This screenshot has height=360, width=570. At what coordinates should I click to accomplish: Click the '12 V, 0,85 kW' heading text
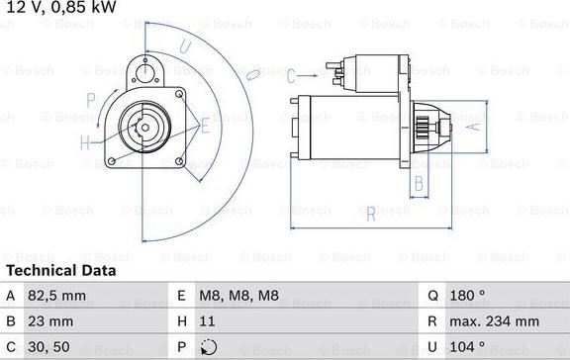coord(58,8)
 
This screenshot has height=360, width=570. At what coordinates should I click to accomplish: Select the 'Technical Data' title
coord(61,270)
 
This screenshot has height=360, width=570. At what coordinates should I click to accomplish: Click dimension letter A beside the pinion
coord(474,126)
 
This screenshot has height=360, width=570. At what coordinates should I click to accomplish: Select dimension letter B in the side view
coord(419,182)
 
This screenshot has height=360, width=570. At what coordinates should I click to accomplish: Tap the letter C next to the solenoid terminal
coord(292,75)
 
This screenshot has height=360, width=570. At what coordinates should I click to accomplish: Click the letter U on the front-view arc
coord(185,45)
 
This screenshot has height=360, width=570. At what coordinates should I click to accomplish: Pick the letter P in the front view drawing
coord(91,99)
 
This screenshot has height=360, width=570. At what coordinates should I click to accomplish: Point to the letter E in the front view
coord(205,126)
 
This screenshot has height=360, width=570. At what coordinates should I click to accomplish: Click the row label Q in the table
coord(433,296)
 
